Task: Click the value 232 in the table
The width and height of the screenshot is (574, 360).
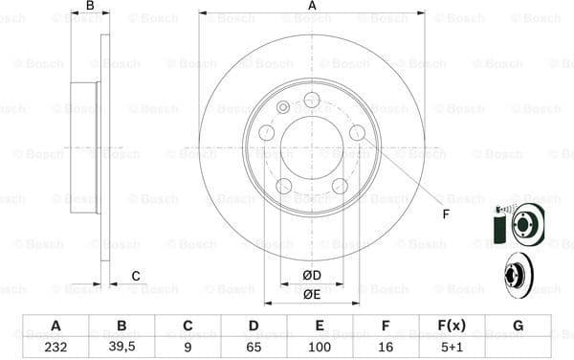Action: [x=55, y=348]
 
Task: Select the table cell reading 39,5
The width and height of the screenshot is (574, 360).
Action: [x=122, y=348]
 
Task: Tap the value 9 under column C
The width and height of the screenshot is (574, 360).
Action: [x=188, y=348]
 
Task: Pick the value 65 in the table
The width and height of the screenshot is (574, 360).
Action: [x=254, y=348]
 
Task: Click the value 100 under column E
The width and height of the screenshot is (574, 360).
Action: [x=320, y=348]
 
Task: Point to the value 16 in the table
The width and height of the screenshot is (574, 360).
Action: [x=386, y=348]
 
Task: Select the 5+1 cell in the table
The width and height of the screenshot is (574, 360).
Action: [x=452, y=348]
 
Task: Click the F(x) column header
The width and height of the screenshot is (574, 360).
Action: [x=452, y=326]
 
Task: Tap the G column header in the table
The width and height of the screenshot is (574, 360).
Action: [x=518, y=326]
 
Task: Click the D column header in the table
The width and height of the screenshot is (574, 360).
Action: [x=254, y=326]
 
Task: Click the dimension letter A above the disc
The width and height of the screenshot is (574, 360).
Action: [x=312, y=6]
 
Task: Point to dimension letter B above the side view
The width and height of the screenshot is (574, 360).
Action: [x=90, y=6]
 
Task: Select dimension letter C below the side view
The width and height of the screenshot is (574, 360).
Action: [x=136, y=277]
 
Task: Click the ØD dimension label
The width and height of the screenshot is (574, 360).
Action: [x=312, y=276]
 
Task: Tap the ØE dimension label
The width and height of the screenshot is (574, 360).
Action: [x=312, y=294]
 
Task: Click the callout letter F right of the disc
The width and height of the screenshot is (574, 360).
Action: [x=445, y=214]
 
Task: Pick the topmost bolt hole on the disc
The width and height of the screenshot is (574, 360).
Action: [x=312, y=99]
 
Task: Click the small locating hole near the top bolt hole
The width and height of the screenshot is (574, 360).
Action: [x=282, y=107]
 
